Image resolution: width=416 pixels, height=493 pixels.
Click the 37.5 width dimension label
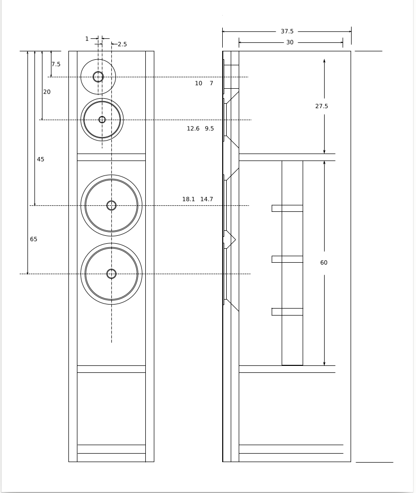pos(287,31)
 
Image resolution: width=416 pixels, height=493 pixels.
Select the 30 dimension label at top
pos(290,42)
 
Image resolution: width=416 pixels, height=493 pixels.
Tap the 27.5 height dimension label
pos(322,106)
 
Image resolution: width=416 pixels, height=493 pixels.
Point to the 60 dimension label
pos(324,263)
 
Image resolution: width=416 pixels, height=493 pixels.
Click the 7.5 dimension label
pos(56,64)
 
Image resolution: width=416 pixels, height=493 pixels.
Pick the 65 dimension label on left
pos(33,239)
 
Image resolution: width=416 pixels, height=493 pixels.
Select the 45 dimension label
pos(40,160)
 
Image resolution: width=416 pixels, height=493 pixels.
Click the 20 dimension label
pos(47,92)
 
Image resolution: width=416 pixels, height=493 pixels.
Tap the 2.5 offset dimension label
pos(122,44)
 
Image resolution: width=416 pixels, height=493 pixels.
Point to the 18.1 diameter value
pos(189,199)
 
